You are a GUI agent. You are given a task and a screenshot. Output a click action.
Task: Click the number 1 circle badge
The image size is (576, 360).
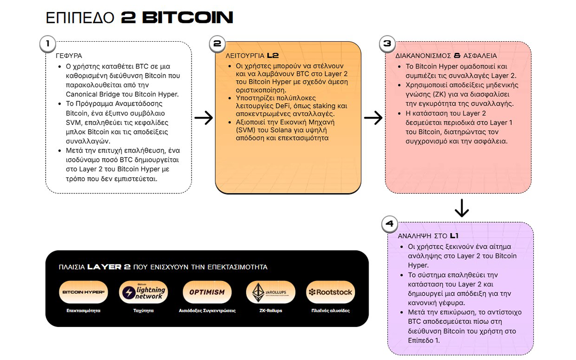click(x=48, y=44)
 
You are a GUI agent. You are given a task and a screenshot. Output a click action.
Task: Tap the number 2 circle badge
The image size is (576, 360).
click(x=217, y=44)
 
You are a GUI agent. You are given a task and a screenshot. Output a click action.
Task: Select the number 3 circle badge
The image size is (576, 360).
click(x=387, y=44)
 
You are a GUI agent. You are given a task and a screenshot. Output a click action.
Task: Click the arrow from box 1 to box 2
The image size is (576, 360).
click(x=204, y=118)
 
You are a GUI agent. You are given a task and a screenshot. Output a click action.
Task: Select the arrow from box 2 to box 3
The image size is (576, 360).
click(x=373, y=118)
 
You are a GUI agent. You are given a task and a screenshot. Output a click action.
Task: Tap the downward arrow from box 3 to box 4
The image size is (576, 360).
click(x=461, y=207)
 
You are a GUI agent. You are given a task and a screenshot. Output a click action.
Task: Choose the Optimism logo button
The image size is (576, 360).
click(x=207, y=292)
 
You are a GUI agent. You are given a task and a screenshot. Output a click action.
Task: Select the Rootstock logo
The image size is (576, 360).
click(x=330, y=292)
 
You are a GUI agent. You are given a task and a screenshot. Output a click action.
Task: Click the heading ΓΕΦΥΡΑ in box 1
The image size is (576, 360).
click(x=69, y=56)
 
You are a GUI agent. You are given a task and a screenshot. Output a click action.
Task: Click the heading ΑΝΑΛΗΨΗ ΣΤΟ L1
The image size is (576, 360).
click(x=428, y=236)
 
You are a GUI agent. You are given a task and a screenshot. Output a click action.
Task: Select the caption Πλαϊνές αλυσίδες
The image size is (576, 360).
click(x=330, y=311)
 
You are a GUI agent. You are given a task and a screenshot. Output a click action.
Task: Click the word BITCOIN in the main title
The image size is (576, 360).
click(x=188, y=18)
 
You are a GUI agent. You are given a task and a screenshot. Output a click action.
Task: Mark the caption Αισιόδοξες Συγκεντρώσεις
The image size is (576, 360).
click(x=207, y=311)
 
